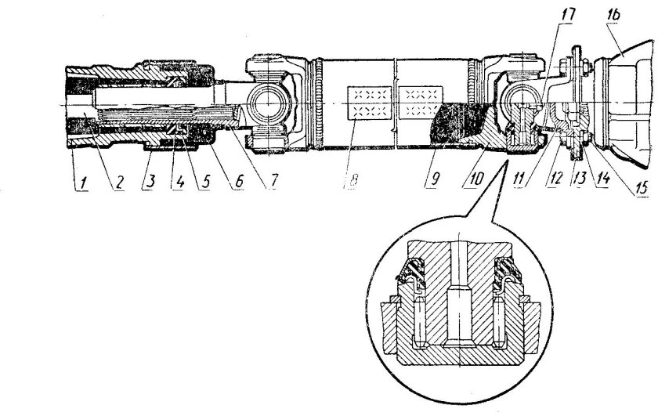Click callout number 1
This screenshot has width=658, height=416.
point(84,183)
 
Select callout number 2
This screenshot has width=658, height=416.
point(119,183)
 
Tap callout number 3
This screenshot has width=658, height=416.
point(150,182)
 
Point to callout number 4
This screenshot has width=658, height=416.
point(179,183)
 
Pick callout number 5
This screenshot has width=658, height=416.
point(204,183)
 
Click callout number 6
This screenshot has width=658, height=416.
point(238,182)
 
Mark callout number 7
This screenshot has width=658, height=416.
point(273,181)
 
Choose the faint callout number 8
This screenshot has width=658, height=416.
point(352,181)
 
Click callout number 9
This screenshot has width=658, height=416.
point(433,179)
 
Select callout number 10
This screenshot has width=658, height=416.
point(476,179)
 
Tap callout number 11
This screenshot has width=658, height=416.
point(519,179)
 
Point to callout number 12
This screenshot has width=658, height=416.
point(555,179)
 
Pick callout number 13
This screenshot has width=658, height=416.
point(580,179)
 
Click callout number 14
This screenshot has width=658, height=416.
point(603,179)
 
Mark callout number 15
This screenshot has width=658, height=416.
point(642,187)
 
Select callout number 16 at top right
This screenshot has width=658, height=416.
point(613,15)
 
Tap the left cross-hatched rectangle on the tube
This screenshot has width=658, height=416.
point(370,103)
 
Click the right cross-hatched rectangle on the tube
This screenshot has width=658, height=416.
point(421,102)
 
